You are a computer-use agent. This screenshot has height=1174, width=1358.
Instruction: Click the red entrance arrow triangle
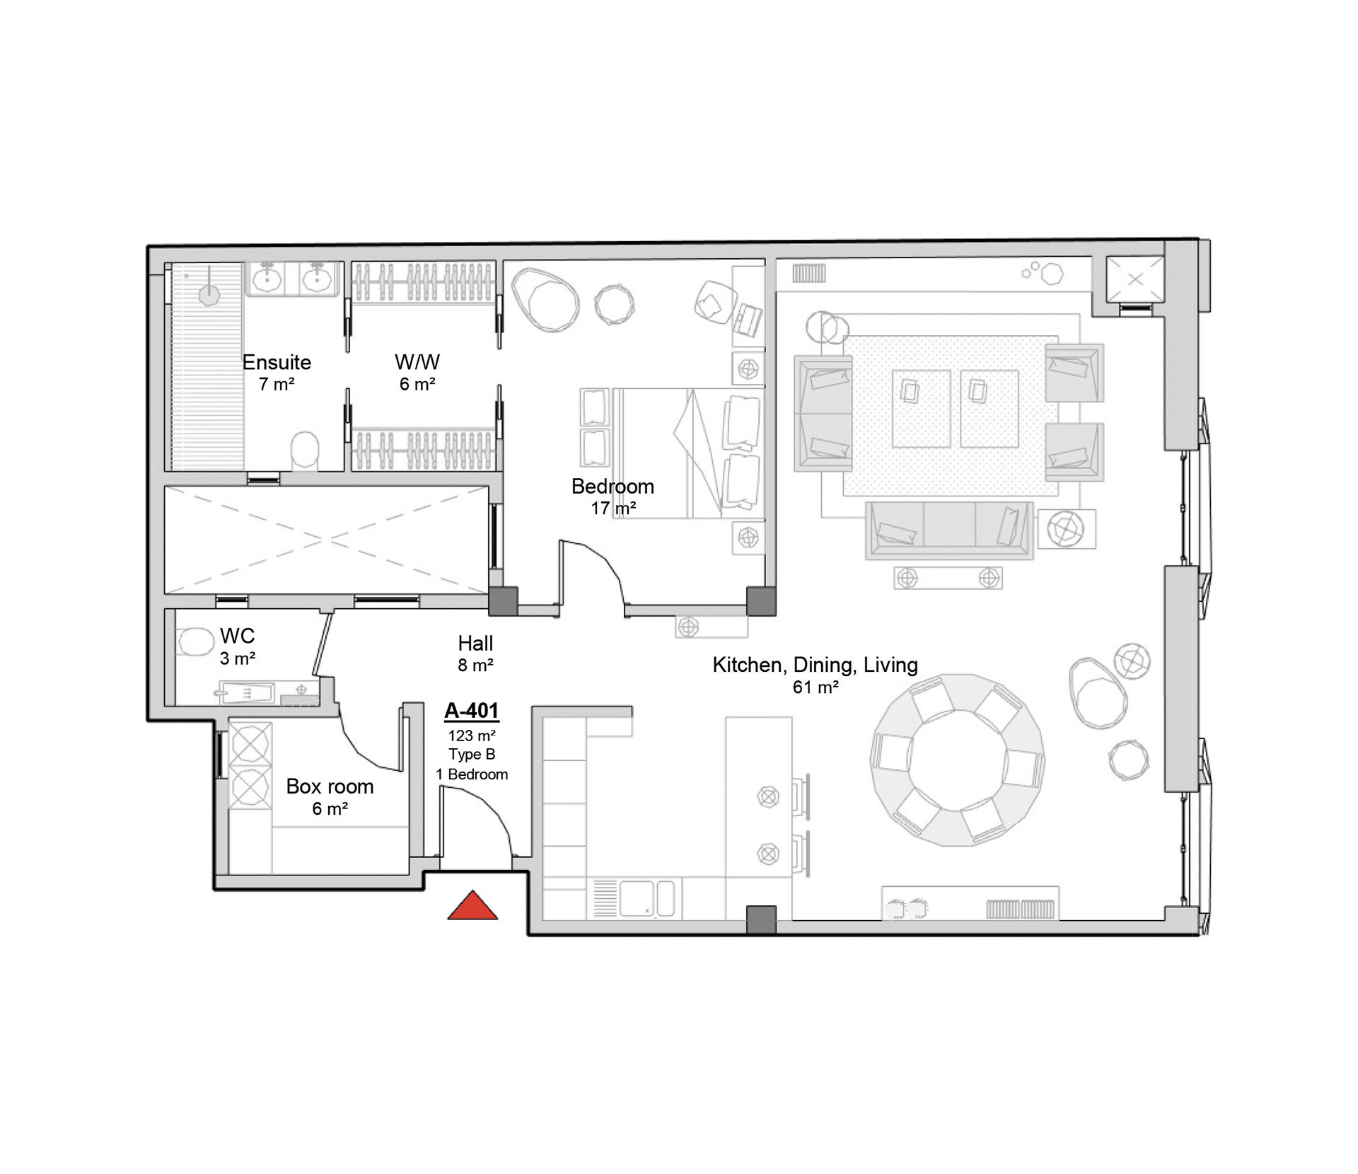tap(472, 907)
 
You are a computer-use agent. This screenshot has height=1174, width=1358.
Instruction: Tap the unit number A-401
tap(472, 711)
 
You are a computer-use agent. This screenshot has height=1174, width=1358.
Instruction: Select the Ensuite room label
tap(277, 363)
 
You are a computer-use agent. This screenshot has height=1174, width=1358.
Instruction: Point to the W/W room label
tap(417, 363)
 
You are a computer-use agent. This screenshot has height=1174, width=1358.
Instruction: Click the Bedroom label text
tap(613, 487)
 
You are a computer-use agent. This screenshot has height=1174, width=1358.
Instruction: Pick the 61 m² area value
tap(816, 687)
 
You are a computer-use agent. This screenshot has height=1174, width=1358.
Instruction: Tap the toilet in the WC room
tap(196, 642)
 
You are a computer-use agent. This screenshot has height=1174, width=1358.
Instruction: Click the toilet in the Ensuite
tap(305, 450)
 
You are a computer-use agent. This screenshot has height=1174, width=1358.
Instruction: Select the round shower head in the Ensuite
tap(209, 295)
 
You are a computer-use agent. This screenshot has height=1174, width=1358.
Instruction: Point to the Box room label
tap(330, 786)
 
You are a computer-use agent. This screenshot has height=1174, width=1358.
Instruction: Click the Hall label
tap(475, 644)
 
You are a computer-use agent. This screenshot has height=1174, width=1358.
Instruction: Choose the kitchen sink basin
tap(637, 898)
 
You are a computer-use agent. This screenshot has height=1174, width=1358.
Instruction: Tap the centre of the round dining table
tap(957, 760)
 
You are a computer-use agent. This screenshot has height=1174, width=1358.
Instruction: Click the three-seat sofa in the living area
tap(948, 530)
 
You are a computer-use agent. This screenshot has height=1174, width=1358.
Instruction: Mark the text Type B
tap(472, 755)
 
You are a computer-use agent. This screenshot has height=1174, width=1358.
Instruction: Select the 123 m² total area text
tap(472, 736)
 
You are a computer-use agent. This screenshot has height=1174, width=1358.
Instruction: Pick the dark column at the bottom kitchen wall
tap(761, 919)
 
